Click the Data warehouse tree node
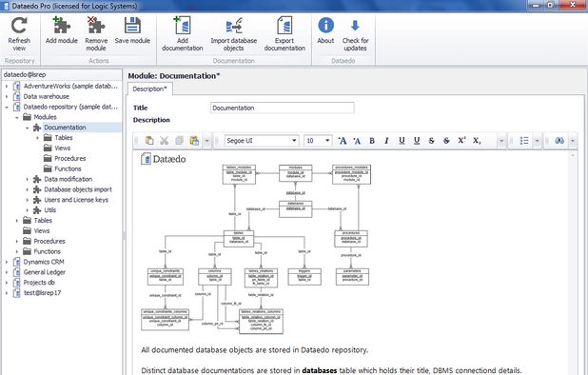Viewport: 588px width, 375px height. click(x=51, y=96)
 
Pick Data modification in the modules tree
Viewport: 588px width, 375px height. click(x=68, y=179)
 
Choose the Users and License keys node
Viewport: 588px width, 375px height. click(x=76, y=200)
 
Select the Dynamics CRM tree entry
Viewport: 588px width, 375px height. click(x=49, y=261)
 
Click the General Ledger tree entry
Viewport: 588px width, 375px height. click(x=49, y=271)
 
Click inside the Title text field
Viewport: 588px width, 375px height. click(x=282, y=108)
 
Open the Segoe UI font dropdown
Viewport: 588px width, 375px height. click(x=262, y=140)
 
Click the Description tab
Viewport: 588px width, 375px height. click(x=151, y=89)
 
